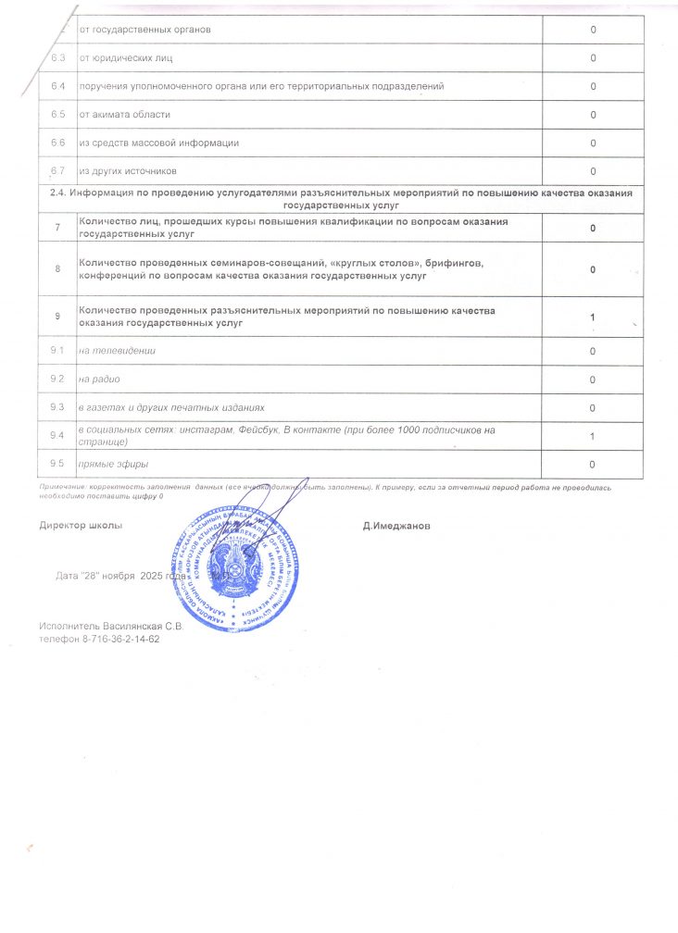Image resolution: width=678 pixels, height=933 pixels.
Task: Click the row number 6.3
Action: coord(57,58)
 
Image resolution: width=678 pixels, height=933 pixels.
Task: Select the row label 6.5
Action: coord(57,115)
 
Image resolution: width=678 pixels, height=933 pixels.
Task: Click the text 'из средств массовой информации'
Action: coord(159,143)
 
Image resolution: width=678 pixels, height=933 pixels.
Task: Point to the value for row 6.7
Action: coord(593,171)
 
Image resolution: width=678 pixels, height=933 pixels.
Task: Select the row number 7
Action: coord(57,228)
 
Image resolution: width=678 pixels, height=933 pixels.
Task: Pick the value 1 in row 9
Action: coord(593,317)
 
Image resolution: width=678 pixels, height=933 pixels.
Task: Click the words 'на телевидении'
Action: coord(118,351)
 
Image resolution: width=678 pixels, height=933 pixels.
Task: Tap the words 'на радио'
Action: coord(101,379)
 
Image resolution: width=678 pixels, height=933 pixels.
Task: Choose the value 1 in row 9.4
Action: coord(593,437)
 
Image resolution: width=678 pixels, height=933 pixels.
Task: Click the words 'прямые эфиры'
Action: coord(114,464)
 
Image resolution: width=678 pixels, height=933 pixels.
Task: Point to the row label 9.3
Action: coord(57,408)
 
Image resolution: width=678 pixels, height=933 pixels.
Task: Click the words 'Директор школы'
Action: coord(81,526)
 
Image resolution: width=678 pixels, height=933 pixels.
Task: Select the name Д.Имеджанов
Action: coord(396,526)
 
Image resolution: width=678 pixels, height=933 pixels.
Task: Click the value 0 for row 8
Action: coord(593,269)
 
